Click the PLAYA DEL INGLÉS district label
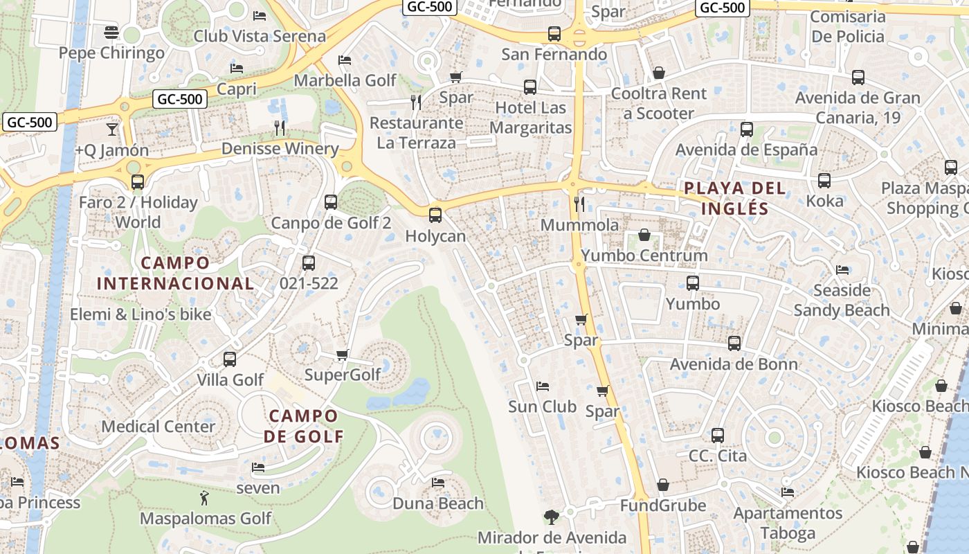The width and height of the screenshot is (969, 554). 734,198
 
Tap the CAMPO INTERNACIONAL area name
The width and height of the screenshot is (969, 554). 175,273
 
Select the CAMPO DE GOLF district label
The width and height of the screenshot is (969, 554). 303,426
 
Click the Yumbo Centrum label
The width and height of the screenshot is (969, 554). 644,256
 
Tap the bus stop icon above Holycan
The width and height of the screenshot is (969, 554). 435,215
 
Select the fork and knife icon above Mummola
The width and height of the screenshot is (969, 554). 579,204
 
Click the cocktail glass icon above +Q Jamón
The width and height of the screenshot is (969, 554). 112,129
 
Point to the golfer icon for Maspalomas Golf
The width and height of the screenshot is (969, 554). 204,498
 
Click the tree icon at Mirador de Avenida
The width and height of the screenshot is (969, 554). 551,517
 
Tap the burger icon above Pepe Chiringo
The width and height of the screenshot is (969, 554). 111,32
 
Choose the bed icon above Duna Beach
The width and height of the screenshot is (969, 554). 438,482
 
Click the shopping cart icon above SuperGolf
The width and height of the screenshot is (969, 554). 342,355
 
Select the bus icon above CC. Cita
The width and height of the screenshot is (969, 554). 718,436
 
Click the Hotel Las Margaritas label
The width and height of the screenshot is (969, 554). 531,118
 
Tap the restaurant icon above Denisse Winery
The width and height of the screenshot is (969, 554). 280,127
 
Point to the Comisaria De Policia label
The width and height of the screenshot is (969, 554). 848,26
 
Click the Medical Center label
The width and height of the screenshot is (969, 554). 159,427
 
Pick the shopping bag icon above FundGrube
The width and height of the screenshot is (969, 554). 663,485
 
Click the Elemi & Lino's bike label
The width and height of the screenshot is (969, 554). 141,314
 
